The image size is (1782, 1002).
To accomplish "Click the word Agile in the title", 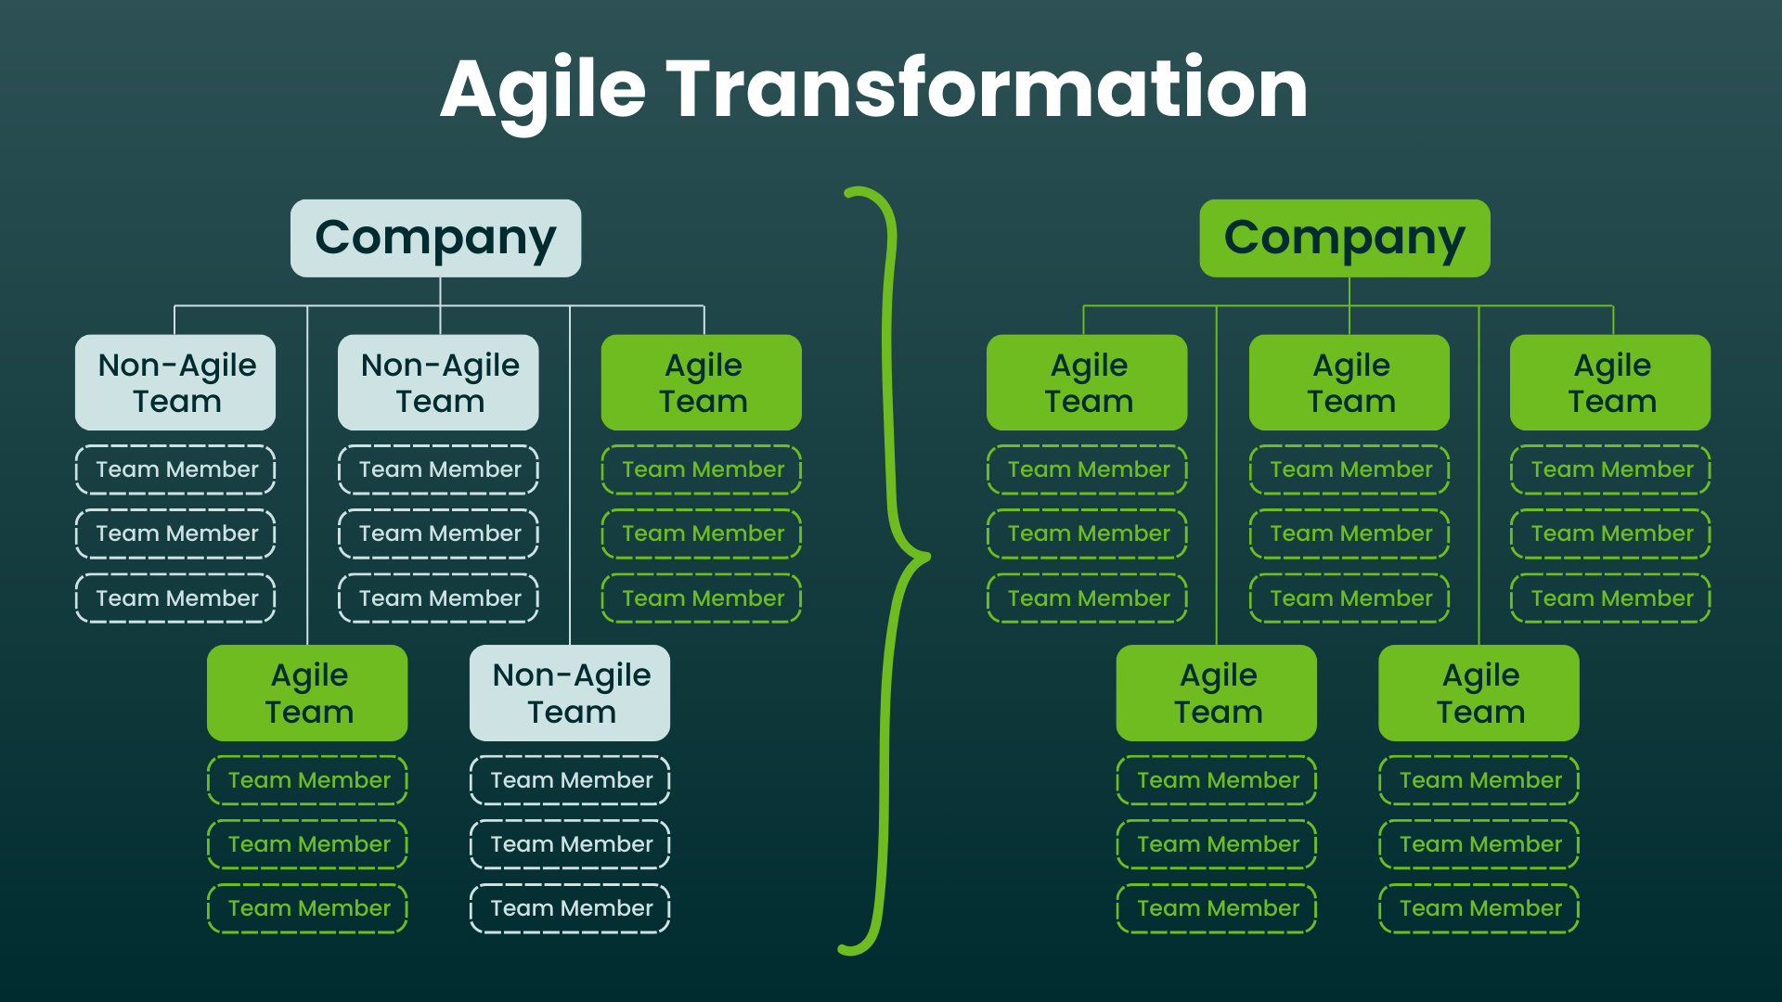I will [543, 91].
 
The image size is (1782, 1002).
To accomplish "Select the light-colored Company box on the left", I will [435, 238].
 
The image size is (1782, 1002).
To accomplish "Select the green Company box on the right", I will [1344, 238].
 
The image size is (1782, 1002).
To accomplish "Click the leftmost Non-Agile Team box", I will [175, 382].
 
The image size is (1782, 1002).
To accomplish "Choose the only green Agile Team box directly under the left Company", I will [702, 382].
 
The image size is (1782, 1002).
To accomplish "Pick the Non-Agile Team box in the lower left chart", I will [570, 693].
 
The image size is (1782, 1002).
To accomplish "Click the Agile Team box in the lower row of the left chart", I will [307, 693].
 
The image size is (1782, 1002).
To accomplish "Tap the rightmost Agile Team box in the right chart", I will [1610, 382].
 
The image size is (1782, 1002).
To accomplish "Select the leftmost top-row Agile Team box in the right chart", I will [1087, 382].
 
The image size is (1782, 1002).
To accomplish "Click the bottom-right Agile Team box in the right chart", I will [1479, 693].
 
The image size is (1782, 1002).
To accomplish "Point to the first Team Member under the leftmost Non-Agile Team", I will [175, 469].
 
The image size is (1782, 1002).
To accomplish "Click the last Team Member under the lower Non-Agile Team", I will [570, 908].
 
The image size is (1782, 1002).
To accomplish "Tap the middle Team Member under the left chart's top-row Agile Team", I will [702, 533].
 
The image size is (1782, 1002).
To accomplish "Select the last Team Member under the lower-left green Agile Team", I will [307, 908].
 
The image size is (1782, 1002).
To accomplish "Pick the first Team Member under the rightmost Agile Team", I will [1610, 469].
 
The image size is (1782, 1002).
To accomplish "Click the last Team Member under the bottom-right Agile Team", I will [1479, 908].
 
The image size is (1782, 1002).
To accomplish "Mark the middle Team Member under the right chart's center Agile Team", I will [1349, 533].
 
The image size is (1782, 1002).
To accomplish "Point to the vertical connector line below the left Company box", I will [440, 291].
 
